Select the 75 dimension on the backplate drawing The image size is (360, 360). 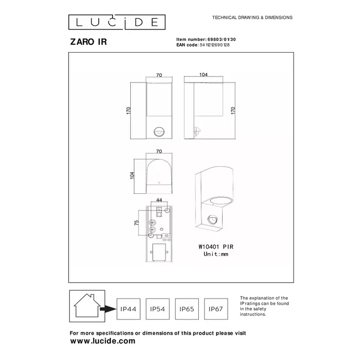[x=137, y=222]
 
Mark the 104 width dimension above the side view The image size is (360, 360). [x=203, y=74]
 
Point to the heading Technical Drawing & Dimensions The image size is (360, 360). [x=253, y=18]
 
